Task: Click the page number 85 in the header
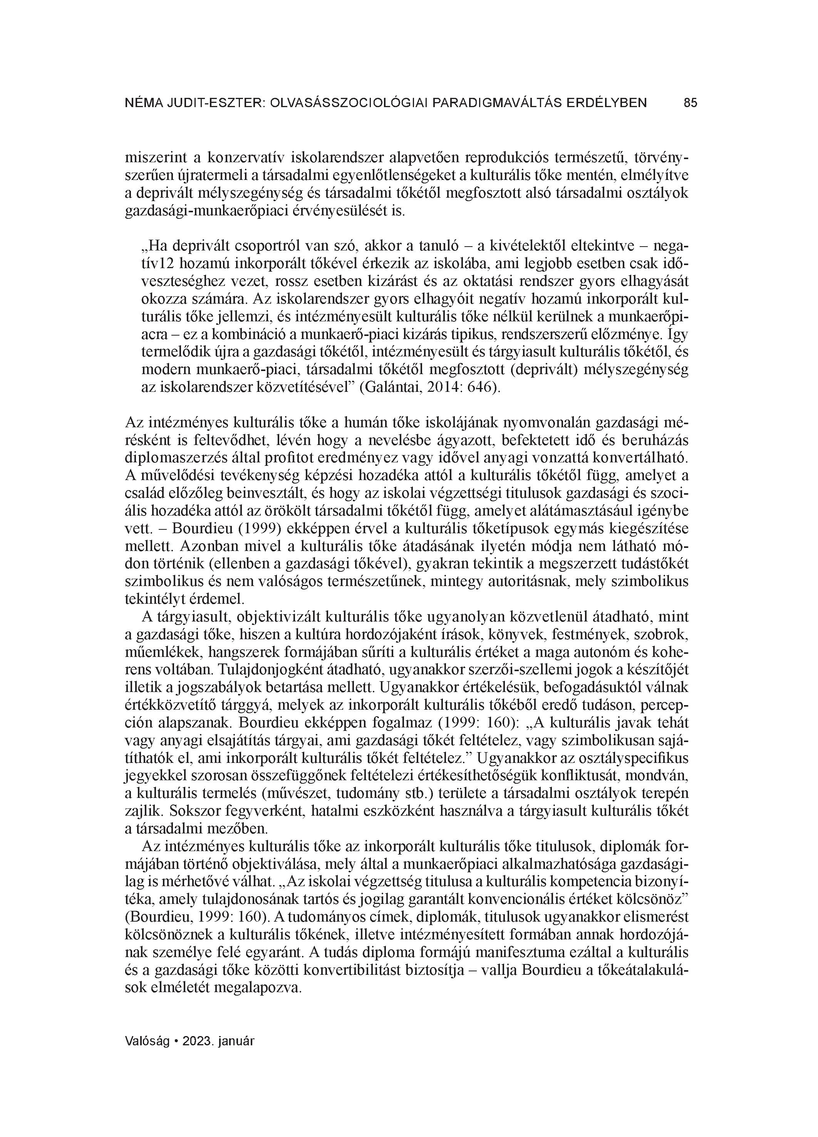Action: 690,103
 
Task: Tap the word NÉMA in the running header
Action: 142,103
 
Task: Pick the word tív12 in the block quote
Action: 160,264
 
